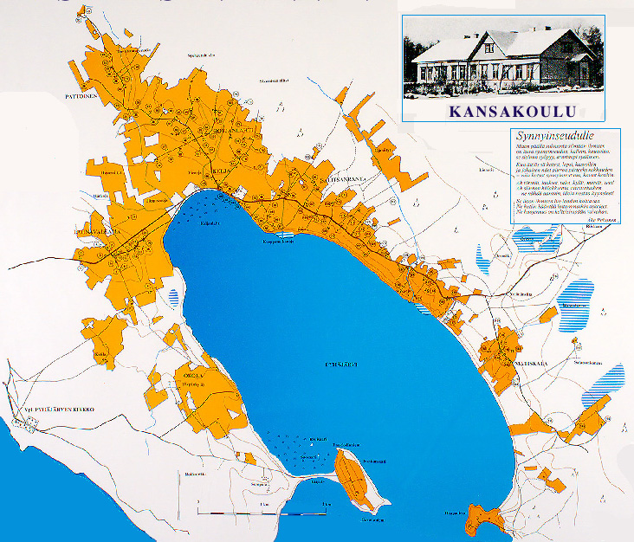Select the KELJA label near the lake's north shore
[219, 171]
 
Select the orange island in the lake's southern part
[355, 480]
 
